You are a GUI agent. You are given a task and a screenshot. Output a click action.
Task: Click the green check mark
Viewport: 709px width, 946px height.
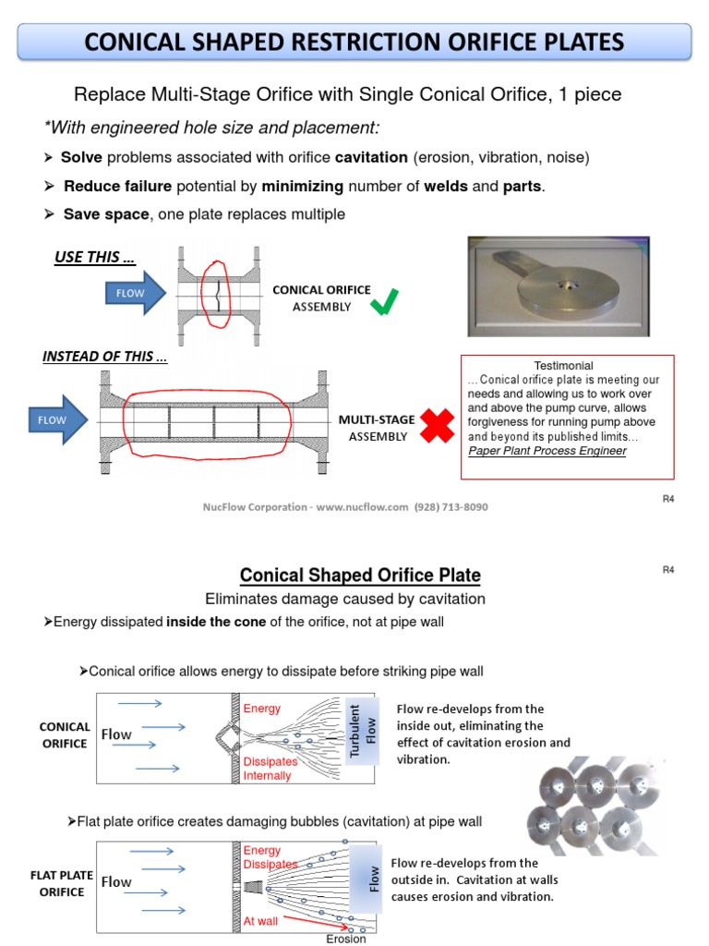[385, 301]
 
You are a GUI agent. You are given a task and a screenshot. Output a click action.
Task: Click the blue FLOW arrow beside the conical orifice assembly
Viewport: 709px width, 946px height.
[136, 295]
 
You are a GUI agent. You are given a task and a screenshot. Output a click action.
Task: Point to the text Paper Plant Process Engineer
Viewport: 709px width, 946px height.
[547, 451]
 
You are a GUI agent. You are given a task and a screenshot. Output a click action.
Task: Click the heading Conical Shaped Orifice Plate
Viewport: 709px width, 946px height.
[360, 576]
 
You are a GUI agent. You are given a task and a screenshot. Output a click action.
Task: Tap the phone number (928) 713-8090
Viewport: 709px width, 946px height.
[451, 507]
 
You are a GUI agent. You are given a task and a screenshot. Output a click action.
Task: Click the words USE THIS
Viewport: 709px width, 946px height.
[95, 258]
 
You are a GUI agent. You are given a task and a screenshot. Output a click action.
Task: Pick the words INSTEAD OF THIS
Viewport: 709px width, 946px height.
[104, 357]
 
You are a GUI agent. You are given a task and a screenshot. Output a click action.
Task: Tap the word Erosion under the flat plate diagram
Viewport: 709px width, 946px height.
[346, 939]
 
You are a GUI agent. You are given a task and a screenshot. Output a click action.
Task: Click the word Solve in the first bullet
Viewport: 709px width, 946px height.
[81, 158]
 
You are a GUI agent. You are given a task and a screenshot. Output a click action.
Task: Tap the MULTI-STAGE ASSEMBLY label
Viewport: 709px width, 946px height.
[377, 428]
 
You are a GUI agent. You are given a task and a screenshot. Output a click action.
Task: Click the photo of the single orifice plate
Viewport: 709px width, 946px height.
[558, 286]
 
